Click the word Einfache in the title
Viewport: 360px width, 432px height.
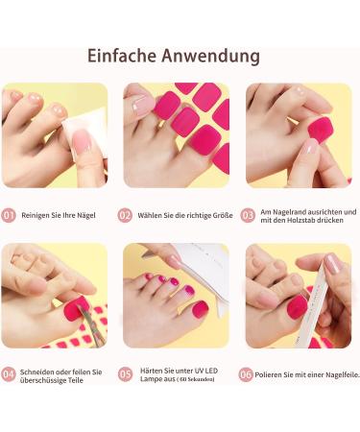pyautogui.click(x=124, y=56)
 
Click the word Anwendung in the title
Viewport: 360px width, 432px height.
pyautogui.click(x=214, y=56)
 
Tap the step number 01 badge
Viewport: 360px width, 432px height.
pyautogui.click(x=9, y=216)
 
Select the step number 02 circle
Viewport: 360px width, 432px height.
pyautogui.click(x=125, y=216)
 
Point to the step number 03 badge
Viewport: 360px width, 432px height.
pyautogui.click(x=248, y=216)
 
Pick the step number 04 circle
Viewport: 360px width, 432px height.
pyautogui.click(x=9, y=373)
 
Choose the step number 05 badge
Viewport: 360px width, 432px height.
pyautogui.click(x=125, y=373)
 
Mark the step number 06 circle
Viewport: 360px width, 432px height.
pyautogui.click(x=247, y=373)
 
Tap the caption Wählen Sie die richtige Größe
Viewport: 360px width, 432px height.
pyautogui.click(x=181, y=216)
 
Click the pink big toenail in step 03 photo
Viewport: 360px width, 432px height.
pyautogui.click(x=311, y=147)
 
